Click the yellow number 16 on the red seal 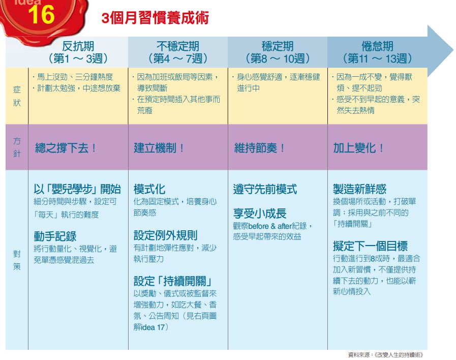(x=41, y=15)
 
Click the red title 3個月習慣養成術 (x=155, y=18)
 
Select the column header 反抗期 (x=78, y=46)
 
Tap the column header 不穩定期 (x=178, y=46)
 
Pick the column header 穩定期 (x=278, y=46)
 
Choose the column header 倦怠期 (x=377, y=46)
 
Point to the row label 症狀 (x=17, y=96)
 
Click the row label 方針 (x=17, y=147)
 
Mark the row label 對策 (x=17, y=260)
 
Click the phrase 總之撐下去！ (x=66, y=148)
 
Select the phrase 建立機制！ (x=159, y=148)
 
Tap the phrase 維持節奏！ (x=259, y=148)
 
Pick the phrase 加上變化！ (x=358, y=148)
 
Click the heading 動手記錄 (x=55, y=236)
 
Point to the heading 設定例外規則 (x=166, y=235)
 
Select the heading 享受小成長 (x=260, y=214)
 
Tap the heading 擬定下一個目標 (x=370, y=246)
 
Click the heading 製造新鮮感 (x=359, y=189)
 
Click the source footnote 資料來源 (x=386, y=355)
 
